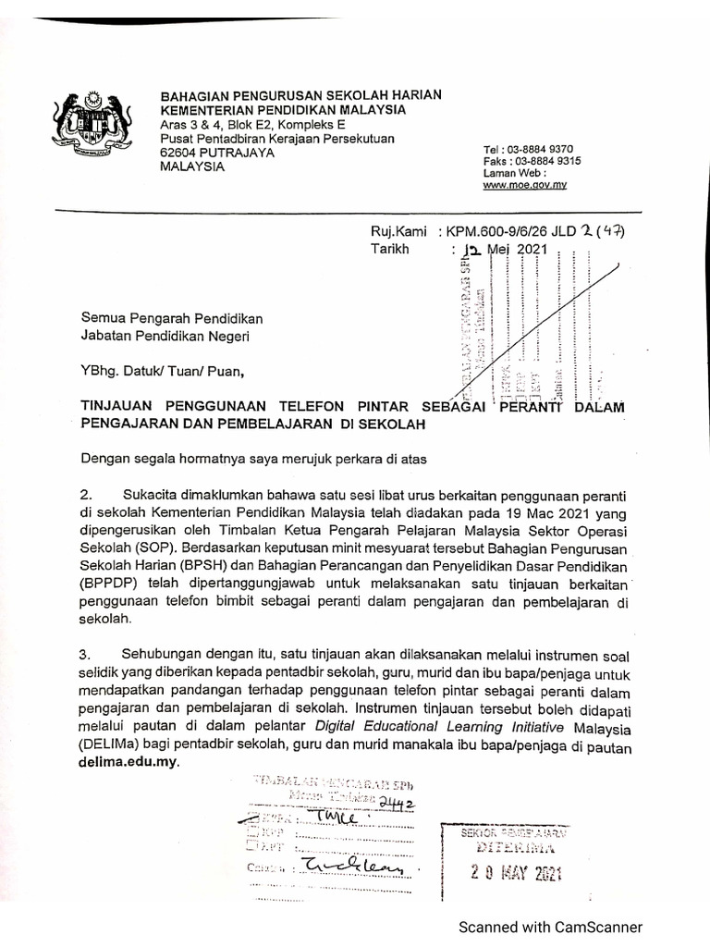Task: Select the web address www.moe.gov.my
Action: [525, 185]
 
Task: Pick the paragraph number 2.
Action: [86, 495]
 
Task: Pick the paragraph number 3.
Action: [86, 654]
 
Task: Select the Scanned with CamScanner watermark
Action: [552, 927]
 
